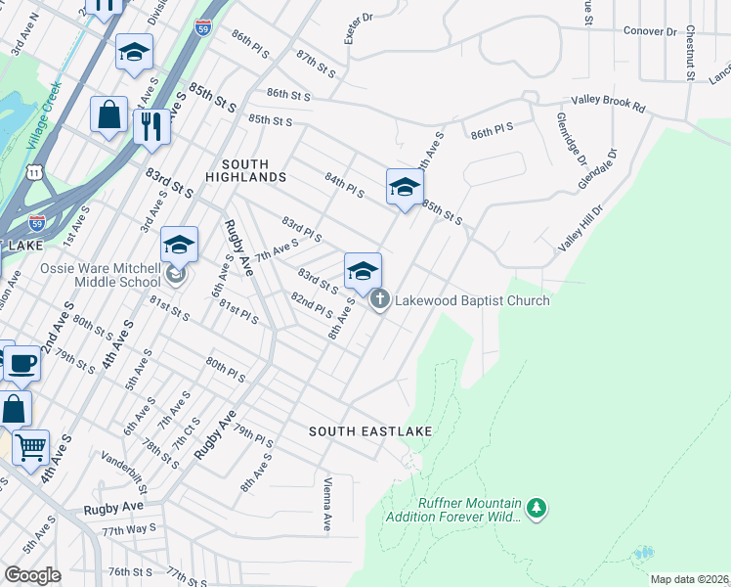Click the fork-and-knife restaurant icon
[151, 124]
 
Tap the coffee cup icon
[21, 364]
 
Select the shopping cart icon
[30, 448]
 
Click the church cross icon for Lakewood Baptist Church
[379, 300]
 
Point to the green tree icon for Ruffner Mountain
[536, 509]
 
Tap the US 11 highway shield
[34, 172]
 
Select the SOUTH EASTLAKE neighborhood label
[370, 431]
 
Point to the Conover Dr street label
[650, 31]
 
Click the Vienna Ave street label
[327, 505]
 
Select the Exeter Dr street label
[359, 28]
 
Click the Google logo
[31, 575]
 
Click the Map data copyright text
[688, 579]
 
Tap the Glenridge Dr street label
[571, 139]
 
